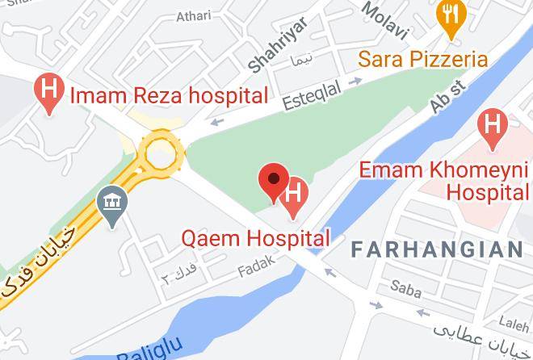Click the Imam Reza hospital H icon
(x=49, y=94)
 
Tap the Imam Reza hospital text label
(x=169, y=96)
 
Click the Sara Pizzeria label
(x=423, y=59)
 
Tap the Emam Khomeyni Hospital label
(x=443, y=182)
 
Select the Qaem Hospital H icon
(x=295, y=194)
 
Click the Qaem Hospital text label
(x=256, y=238)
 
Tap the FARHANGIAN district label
(x=437, y=249)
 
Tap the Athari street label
(x=193, y=15)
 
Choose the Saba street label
(x=405, y=286)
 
